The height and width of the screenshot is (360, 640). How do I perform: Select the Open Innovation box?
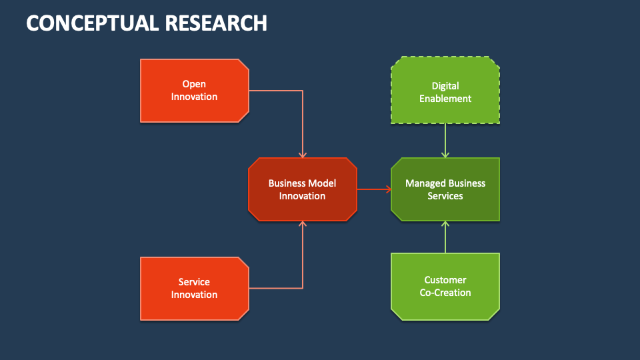[194, 91]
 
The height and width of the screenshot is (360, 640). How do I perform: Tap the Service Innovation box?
[194, 288]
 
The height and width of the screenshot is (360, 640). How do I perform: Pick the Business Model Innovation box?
[302, 189]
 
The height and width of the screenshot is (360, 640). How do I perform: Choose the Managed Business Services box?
[445, 189]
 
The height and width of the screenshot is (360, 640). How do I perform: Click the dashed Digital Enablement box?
[445, 91]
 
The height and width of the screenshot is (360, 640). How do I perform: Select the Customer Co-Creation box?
[445, 285]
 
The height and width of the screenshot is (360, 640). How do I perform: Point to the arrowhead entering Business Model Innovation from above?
[303, 154]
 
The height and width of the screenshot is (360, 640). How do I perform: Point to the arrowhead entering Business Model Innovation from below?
[303, 225]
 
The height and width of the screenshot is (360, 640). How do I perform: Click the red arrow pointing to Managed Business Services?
[375, 189]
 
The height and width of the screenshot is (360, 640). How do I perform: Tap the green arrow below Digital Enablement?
[445, 141]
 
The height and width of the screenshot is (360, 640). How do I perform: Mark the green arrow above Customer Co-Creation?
[445, 237]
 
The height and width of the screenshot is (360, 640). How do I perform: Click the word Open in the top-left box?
[194, 84]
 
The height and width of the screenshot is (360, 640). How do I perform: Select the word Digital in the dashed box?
[445, 85]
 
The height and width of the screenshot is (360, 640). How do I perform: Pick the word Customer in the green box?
[445, 279]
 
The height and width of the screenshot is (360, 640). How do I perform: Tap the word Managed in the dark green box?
[425, 183]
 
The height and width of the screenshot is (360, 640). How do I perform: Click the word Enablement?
[445, 98]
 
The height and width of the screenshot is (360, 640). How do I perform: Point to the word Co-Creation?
[445, 292]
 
